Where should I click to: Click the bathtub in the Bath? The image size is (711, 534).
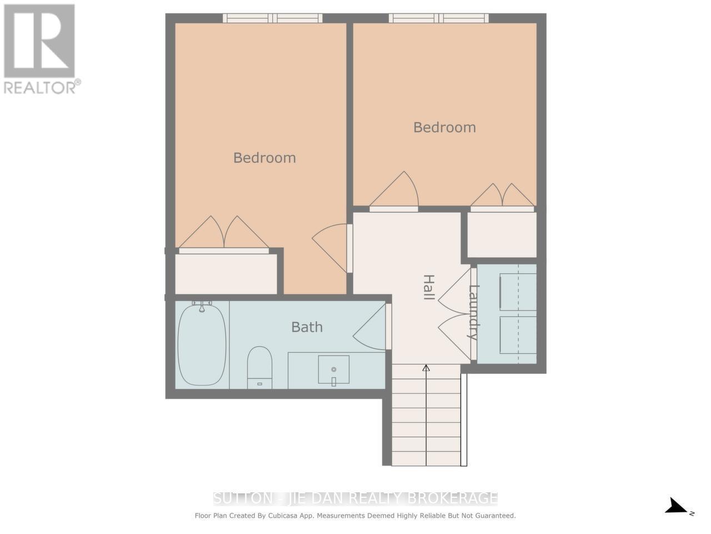pos(202,345)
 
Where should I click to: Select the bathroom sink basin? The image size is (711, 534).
pos(333,369)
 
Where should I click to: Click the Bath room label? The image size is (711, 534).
pos(307,327)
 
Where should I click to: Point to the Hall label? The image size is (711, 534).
pos(428,287)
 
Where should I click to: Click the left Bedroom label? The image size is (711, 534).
pos(264,158)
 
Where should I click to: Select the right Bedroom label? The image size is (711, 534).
pos(444,127)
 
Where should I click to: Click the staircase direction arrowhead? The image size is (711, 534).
pos(426,368)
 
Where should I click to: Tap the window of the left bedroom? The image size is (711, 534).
pos(272,18)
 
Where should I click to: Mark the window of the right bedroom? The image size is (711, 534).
pos(439,18)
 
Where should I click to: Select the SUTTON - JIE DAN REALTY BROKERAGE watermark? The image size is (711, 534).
pos(355,497)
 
